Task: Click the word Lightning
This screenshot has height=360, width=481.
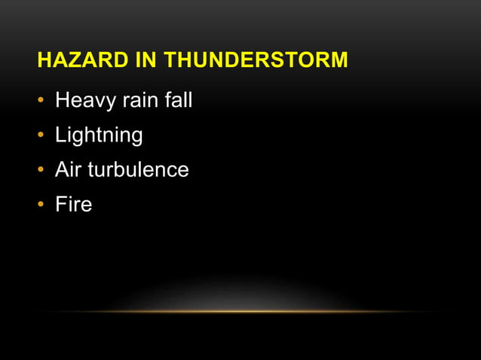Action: [x=99, y=136]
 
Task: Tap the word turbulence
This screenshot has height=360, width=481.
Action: [x=139, y=169]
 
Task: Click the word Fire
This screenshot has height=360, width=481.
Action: [x=74, y=203]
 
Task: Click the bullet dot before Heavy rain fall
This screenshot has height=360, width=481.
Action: [x=41, y=101]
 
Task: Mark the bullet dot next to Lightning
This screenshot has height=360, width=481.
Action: [x=41, y=136]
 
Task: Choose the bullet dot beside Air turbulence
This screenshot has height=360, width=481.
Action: [x=41, y=170]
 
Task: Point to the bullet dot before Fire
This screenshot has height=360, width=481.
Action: [x=41, y=205]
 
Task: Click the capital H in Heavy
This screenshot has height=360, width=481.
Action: [x=62, y=100]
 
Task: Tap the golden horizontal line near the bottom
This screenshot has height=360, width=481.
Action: [x=240, y=311]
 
